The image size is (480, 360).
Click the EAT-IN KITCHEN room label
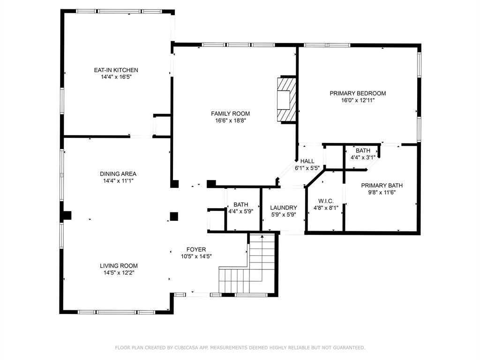pyautogui.click(x=116, y=70)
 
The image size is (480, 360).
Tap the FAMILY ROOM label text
pyautogui.click(x=230, y=113)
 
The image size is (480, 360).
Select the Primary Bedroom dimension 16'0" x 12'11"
pyautogui.click(x=358, y=100)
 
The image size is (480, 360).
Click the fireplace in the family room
pyautogui.click(x=287, y=99)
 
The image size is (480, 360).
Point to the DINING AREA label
pyautogui.click(x=118, y=174)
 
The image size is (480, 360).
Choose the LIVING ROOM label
pyautogui.click(x=119, y=266)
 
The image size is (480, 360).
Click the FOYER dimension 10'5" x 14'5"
pyautogui.click(x=196, y=256)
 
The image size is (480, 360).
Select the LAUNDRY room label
pyautogui.click(x=284, y=208)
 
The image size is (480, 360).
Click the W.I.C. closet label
pyautogui.click(x=326, y=201)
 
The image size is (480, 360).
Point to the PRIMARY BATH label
pyautogui.click(x=382, y=186)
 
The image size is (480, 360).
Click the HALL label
pyautogui.click(x=307, y=161)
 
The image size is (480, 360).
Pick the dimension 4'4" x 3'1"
pyautogui.click(x=363, y=157)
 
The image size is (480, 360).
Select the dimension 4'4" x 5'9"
pyautogui.click(x=240, y=211)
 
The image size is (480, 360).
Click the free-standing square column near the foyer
pyautogui.click(x=174, y=217)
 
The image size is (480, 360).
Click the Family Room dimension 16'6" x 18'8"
pyautogui.click(x=231, y=120)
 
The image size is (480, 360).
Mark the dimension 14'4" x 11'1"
pyautogui.click(x=118, y=181)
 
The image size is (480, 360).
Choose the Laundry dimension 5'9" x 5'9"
pyautogui.click(x=284, y=215)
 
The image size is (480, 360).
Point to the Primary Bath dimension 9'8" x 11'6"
pyautogui.click(x=382, y=193)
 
